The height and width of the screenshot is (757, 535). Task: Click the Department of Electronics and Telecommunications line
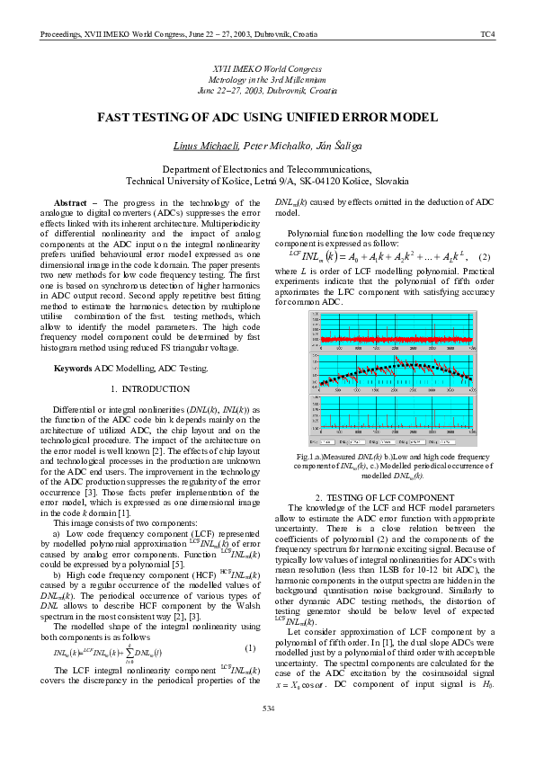pos(267,169)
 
